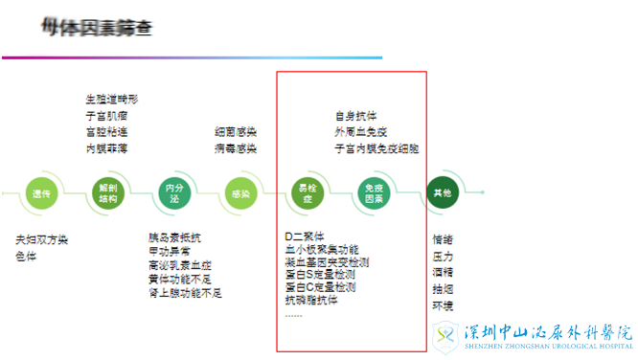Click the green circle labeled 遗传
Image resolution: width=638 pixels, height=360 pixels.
click(x=39, y=193)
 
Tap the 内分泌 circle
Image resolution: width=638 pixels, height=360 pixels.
click(x=174, y=193)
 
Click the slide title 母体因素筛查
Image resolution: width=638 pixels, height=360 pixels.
click(x=96, y=26)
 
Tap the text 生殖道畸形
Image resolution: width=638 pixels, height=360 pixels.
click(x=112, y=99)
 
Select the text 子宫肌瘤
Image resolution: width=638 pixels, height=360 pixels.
click(x=106, y=115)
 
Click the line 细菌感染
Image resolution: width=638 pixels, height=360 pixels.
click(x=236, y=132)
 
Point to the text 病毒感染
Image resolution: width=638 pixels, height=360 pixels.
click(x=236, y=149)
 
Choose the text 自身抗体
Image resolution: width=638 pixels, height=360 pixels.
click(x=355, y=116)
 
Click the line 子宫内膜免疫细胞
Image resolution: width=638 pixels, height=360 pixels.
click(x=376, y=149)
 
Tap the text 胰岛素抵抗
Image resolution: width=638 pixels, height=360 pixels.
click(x=175, y=237)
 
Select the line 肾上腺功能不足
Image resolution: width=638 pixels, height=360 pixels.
click(x=185, y=293)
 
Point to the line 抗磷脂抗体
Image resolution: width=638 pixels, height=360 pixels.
click(x=312, y=301)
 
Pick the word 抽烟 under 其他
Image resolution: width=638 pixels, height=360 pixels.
click(x=444, y=289)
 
